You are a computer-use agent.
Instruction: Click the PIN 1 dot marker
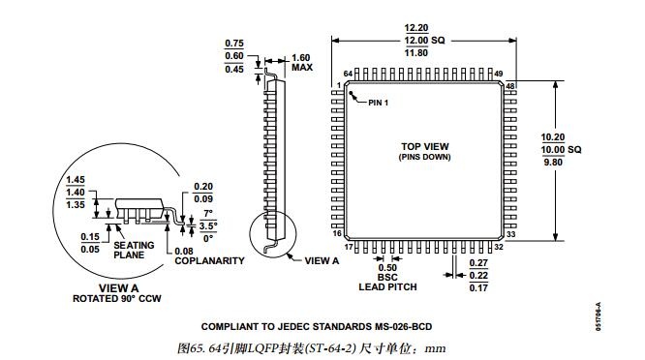(x=351, y=93)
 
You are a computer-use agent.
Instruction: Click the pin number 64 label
(x=348, y=74)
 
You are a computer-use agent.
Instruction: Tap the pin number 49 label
(x=499, y=74)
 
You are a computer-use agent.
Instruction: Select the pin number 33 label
(x=511, y=234)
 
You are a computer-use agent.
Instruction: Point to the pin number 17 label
(x=349, y=247)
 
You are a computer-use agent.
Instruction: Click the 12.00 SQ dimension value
(x=424, y=41)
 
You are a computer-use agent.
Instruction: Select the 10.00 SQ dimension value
(x=561, y=150)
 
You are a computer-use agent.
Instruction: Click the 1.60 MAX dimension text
(x=301, y=63)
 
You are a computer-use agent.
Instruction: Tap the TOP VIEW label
(x=425, y=146)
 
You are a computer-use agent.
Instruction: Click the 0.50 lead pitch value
(x=387, y=267)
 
